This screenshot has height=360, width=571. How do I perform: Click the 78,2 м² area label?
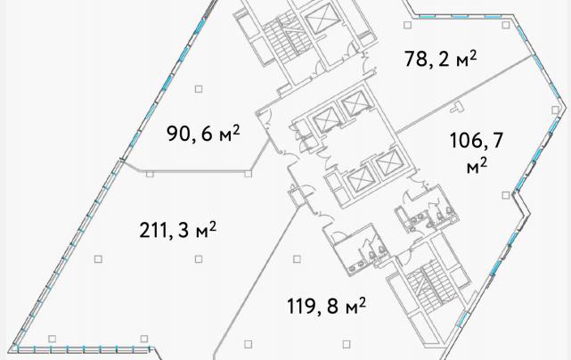point(440,59)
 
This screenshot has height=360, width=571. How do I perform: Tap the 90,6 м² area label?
point(203,134)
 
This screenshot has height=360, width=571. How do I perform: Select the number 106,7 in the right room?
point(477,141)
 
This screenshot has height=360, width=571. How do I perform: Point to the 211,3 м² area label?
point(177,230)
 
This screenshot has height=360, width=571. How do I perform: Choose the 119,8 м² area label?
point(326,306)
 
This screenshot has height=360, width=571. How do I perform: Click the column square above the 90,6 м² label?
point(199,89)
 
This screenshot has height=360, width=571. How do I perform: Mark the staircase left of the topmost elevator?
point(281,38)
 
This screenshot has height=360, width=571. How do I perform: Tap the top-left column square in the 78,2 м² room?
point(407,25)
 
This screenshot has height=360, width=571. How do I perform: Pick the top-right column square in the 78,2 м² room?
point(505,25)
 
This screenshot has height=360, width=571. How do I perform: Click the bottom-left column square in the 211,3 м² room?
point(52,339)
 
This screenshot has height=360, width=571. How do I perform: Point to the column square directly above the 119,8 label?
point(297,259)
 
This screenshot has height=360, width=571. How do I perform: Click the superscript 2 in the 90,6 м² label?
point(236,130)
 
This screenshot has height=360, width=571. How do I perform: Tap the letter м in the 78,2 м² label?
point(461,61)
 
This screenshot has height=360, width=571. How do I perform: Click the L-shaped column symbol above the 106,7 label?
point(457,107)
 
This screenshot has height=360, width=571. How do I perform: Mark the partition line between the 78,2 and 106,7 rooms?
point(463,94)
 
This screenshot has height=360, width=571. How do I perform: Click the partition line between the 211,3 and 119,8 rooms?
point(259,278)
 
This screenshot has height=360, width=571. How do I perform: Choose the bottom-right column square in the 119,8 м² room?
point(347,344)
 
